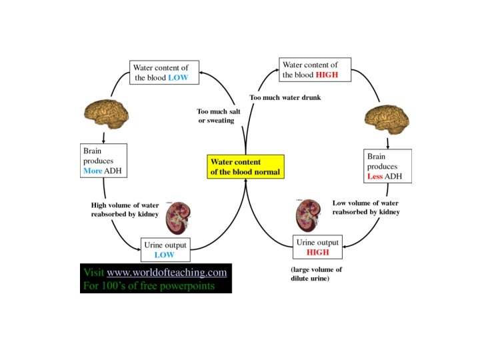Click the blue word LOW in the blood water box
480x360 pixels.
pyautogui.click(x=178, y=78)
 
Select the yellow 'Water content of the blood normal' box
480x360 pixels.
pyautogui.click(x=246, y=167)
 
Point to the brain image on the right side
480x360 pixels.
pyautogui.click(x=385, y=120)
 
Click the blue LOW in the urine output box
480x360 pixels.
pyautogui.click(x=164, y=255)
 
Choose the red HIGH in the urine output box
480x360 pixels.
pyautogui.click(x=318, y=253)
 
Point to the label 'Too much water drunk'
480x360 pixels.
pyautogui.click(x=285, y=98)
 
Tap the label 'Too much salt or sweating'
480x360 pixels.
pyautogui.click(x=215, y=116)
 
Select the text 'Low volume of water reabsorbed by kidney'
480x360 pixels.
pyautogui.click(x=365, y=207)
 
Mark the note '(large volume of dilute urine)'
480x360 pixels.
pyautogui.click(x=316, y=275)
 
